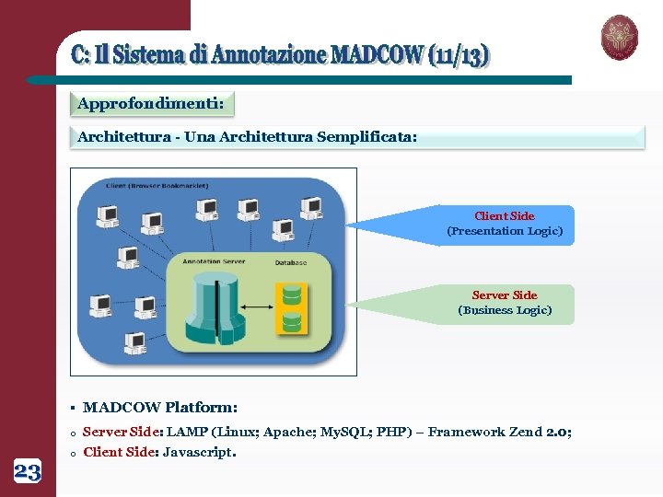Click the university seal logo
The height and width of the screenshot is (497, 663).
619,38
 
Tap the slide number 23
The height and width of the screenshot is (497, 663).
28,473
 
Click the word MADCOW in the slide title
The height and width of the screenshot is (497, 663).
378,54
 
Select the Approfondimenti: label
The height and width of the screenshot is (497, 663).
151,104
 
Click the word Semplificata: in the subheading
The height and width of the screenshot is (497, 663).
366,137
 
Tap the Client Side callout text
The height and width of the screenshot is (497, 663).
504,216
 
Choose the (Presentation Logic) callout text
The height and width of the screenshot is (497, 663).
505,231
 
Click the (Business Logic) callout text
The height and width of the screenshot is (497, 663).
505,310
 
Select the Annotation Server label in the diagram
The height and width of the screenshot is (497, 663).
214,261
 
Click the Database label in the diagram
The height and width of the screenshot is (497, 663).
290,261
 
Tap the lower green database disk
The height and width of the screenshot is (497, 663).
292,322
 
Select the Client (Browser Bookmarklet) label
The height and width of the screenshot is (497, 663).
157,185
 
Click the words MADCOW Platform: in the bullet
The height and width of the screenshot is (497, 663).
160,407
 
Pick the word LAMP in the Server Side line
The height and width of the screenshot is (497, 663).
187,432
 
